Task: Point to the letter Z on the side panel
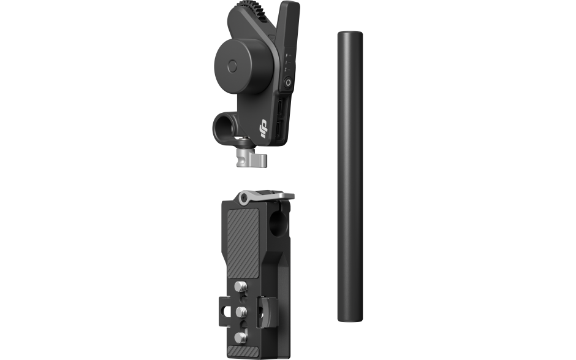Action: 286,71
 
